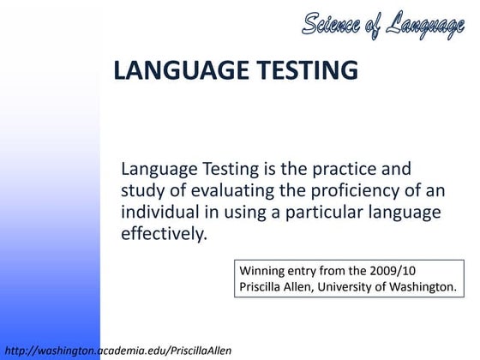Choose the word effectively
click(164, 233)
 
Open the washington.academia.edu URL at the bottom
click(117, 350)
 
